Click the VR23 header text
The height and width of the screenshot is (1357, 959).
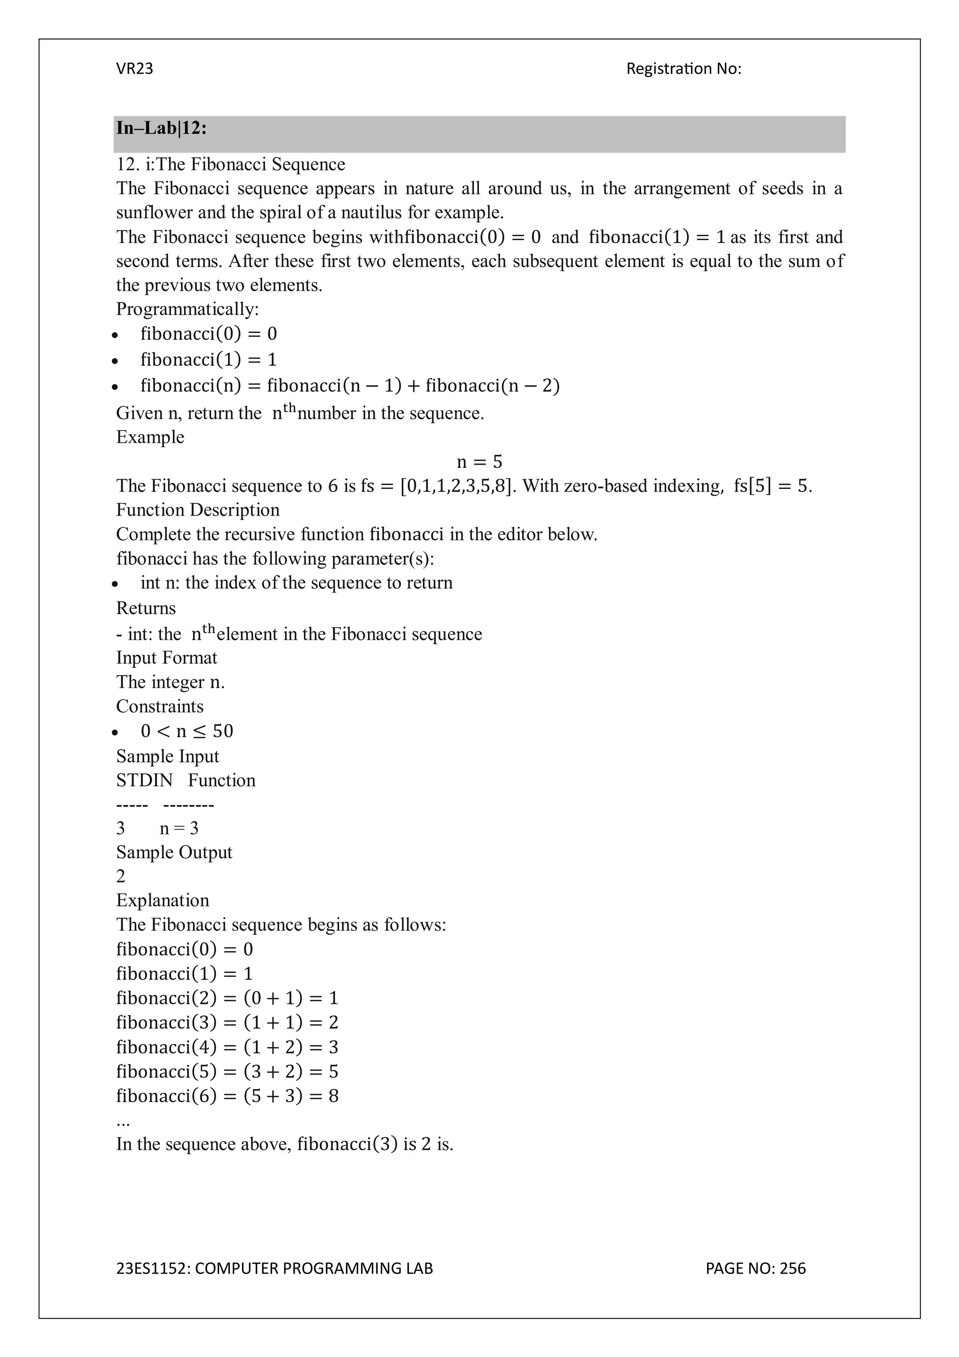(x=135, y=69)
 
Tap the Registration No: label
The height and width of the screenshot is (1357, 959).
(x=683, y=69)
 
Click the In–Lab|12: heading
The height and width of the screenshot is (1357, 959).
(x=161, y=128)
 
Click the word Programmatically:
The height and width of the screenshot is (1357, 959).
(x=187, y=309)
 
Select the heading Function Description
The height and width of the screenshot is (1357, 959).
(x=197, y=510)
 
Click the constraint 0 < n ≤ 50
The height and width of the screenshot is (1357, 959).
(x=187, y=731)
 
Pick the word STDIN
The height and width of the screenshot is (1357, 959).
(x=144, y=781)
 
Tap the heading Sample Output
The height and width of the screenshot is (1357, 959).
(x=174, y=852)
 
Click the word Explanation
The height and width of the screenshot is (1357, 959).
(x=162, y=900)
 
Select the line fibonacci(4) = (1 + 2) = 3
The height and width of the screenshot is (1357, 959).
(x=227, y=1047)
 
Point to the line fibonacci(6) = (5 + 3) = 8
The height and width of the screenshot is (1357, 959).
(x=227, y=1096)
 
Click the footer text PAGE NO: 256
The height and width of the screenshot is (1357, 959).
(x=755, y=1268)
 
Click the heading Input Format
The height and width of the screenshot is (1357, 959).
(x=166, y=658)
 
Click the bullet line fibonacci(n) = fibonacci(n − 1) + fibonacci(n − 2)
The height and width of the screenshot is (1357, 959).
(x=350, y=386)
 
